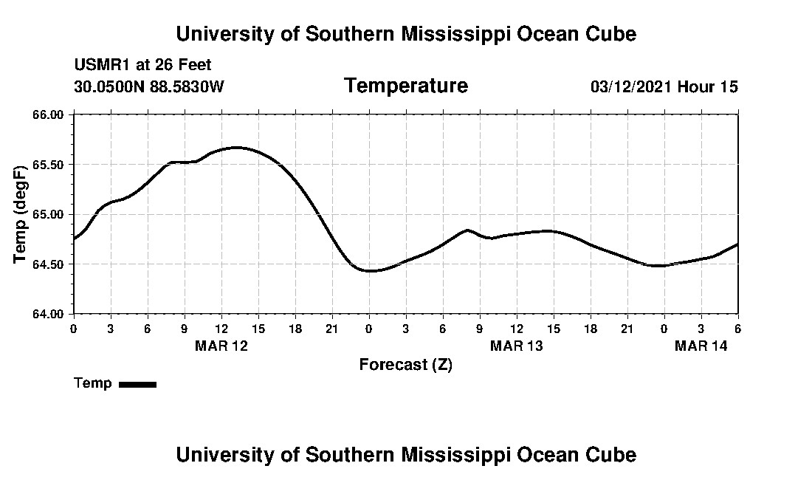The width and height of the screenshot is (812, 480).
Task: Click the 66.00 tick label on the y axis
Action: coord(49,114)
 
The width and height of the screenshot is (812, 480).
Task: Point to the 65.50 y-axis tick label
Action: coord(49,164)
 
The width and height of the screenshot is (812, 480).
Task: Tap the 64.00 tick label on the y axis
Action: coord(49,314)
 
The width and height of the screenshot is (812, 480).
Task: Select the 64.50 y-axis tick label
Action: coord(49,264)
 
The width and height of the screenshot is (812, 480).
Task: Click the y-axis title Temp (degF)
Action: coord(21,214)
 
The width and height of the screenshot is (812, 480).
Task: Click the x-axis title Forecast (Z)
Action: coord(405,364)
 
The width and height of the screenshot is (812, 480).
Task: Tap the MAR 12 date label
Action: coord(221,346)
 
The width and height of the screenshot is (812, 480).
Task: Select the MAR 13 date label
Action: coord(517,346)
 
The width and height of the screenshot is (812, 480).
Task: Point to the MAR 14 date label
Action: coord(701,346)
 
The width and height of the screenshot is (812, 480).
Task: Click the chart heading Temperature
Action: coord(405,86)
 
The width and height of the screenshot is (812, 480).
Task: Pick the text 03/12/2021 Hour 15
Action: coord(664,86)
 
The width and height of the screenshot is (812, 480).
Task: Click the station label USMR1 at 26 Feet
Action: coord(142,66)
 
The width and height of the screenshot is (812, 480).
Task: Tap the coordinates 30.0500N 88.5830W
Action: coord(148,86)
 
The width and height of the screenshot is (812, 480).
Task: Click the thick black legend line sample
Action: coord(137,384)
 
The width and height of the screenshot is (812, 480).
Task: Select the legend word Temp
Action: coord(93,383)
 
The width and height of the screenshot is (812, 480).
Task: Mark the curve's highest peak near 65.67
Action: coord(236,148)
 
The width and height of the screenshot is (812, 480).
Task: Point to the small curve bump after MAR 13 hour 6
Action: coord(468,230)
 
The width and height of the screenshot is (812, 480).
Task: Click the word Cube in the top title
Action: coord(612,33)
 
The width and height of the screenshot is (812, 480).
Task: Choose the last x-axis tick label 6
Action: coord(737,328)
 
